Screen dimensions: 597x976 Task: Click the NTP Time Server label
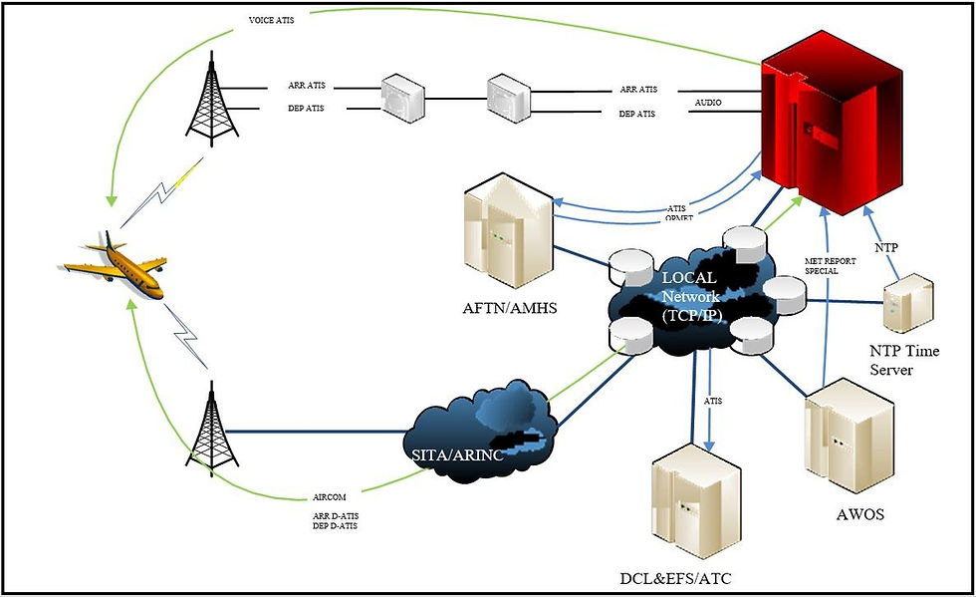(x=904, y=360)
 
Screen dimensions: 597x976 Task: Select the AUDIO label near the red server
(x=708, y=102)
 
